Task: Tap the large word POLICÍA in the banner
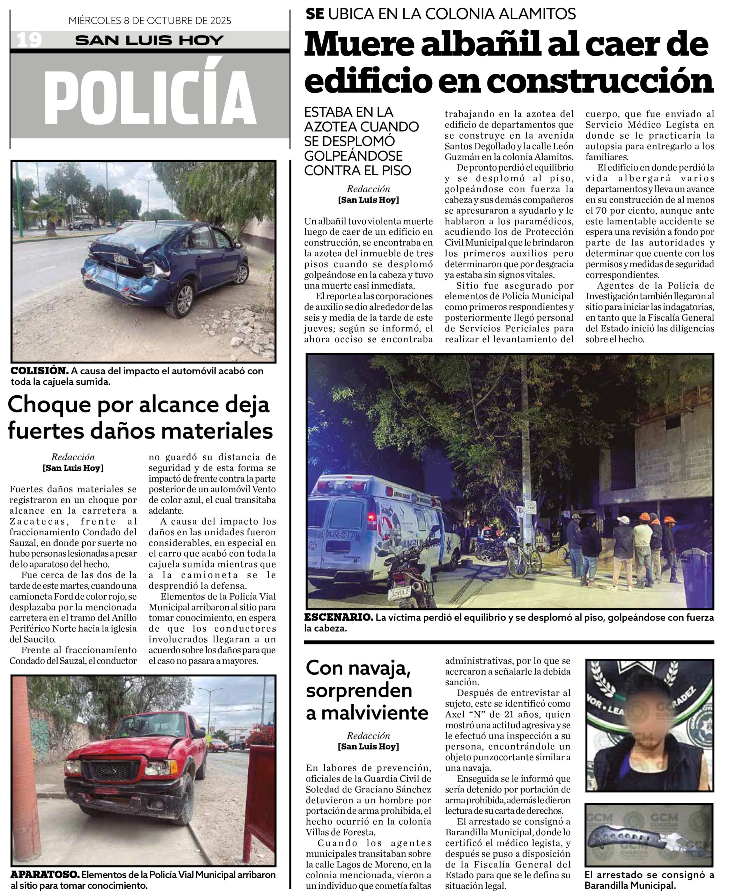[x=150, y=97]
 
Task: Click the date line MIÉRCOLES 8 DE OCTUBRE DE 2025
[x=150, y=21]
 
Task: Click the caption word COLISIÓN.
[x=39, y=371]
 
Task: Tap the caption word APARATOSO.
[x=45, y=875]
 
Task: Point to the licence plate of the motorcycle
[x=399, y=593]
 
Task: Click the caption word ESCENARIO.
[x=339, y=618]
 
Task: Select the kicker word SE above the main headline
[x=315, y=14]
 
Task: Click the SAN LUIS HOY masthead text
[x=150, y=41]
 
